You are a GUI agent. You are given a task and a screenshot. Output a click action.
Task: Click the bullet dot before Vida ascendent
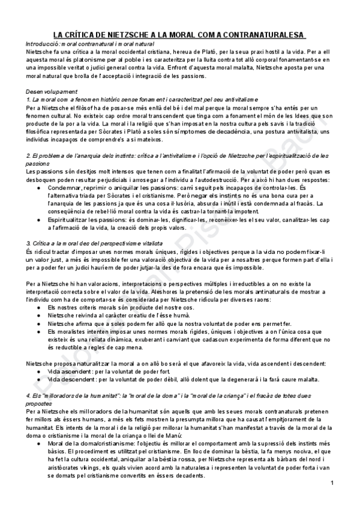39,372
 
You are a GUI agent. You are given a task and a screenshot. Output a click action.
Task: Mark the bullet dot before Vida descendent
39,379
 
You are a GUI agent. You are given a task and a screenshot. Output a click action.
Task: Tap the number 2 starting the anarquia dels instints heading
28,156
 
